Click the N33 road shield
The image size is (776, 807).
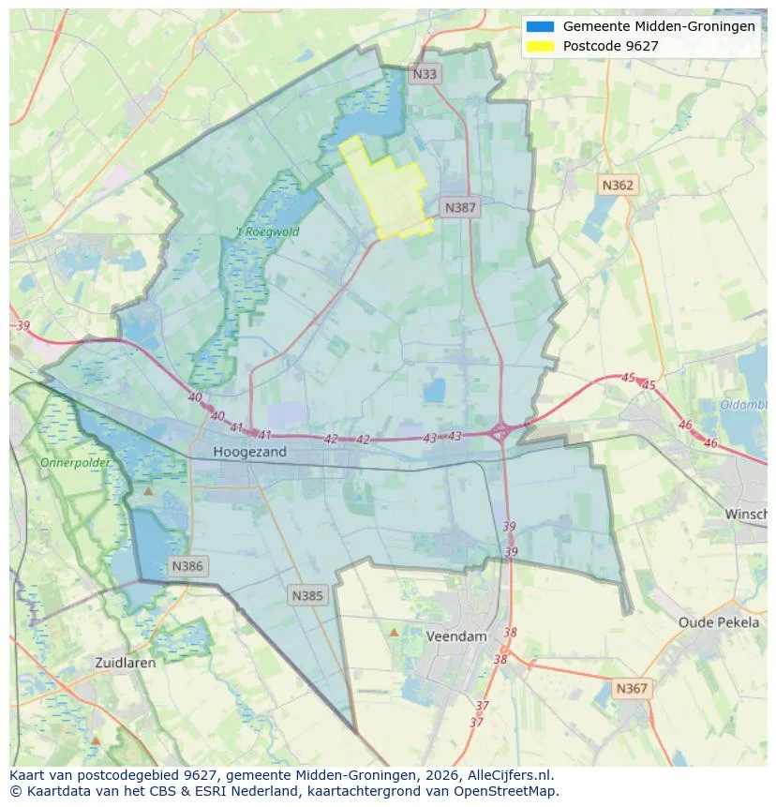[x=425, y=74]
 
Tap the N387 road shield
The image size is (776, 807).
[x=460, y=208]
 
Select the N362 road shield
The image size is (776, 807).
[x=618, y=185]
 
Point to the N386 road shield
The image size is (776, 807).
[x=187, y=566]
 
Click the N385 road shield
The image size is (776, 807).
[x=307, y=595]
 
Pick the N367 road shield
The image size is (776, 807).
[x=632, y=688]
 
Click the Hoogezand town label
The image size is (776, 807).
[x=249, y=452]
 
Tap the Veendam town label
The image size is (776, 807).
[x=456, y=635]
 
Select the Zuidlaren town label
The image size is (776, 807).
[x=126, y=662]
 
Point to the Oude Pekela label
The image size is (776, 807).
[x=719, y=622]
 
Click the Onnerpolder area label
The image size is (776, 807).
[x=75, y=463]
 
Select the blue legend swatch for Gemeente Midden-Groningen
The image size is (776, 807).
[x=541, y=27]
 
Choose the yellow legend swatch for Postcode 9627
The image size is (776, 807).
[x=541, y=46]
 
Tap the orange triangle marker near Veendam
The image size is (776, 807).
[x=394, y=633]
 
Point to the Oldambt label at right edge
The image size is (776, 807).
[x=745, y=405]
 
